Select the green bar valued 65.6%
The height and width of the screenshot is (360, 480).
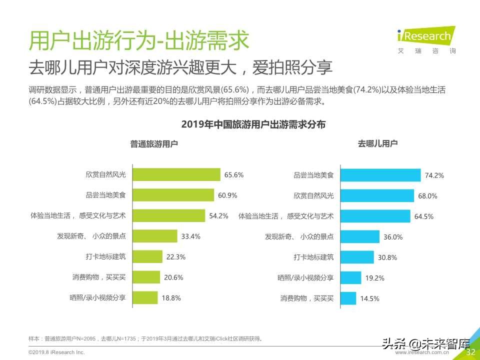click(176, 174)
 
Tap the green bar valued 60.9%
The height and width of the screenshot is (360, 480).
click(173, 195)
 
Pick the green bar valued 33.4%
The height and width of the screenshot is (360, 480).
click(154, 236)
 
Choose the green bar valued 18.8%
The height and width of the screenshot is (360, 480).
click(144, 298)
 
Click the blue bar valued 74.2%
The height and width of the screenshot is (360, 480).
click(380, 175)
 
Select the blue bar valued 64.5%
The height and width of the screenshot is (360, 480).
click(375, 216)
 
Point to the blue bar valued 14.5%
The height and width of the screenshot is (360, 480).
click(348, 298)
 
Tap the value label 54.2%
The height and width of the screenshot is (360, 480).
click(219, 216)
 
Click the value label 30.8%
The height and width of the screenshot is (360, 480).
click(387, 257)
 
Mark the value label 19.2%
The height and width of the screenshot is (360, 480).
click(374, 278)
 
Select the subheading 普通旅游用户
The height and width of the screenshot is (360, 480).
click(154, 144)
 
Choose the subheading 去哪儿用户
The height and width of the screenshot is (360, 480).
click(377, 144)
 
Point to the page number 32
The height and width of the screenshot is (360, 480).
click(470, 352)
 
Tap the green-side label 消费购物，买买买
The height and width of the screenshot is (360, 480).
click(98, 277)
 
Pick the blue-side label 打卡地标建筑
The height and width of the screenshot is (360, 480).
click(313, 257)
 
